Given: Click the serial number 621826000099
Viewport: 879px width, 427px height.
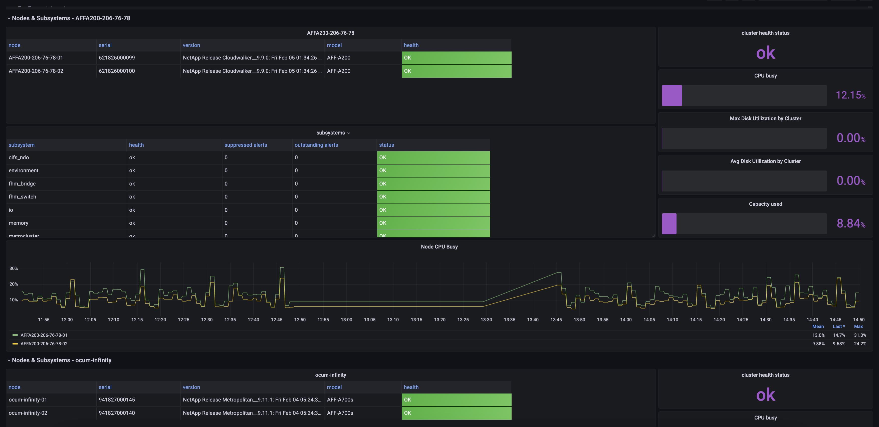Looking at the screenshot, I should pos(117,57).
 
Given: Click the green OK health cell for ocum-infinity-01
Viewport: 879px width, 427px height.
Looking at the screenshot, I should pos(456,400).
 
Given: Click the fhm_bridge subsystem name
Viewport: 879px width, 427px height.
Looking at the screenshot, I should pos(22,184).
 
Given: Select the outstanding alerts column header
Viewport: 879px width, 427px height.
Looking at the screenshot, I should pos(316,145).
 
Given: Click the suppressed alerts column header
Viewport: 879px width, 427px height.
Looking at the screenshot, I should pos(245,145).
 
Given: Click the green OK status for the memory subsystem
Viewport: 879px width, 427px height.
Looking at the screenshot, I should pos(433,223).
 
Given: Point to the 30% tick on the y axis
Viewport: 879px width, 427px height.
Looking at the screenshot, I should pos(14,268).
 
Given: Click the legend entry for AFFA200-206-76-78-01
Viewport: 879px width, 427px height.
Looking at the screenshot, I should pos(44,335).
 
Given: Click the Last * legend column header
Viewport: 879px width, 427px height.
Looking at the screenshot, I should pos(838,326).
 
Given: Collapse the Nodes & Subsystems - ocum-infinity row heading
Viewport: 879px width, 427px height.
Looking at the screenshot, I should pos(61,360).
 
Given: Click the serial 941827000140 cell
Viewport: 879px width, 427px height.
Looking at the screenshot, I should pos(117,413).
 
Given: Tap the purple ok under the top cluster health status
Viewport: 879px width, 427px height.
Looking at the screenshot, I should pos(765,53).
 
